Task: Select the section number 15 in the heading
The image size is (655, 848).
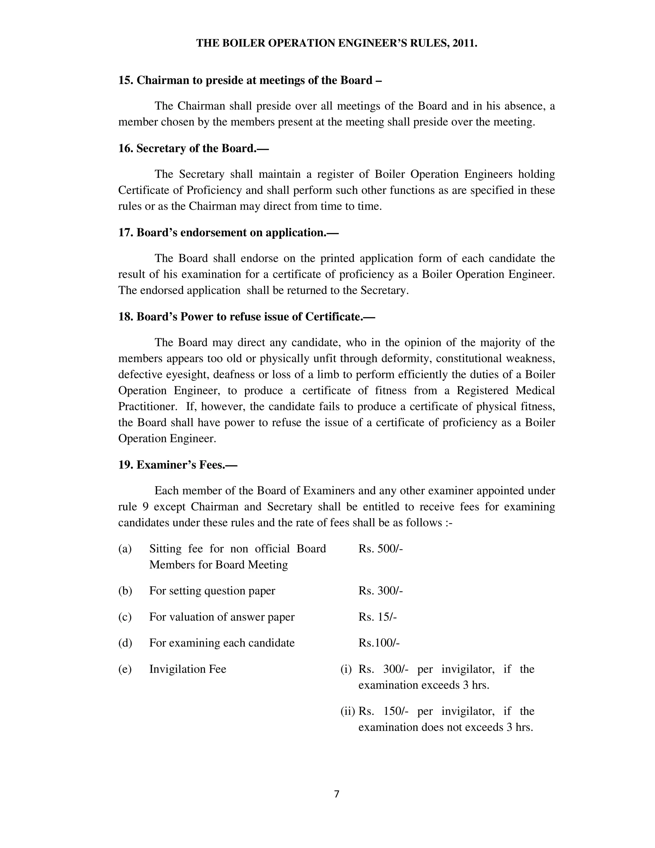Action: point(126,80)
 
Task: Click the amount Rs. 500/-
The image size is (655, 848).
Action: point(381,548)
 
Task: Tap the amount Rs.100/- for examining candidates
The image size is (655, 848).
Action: point(379,643)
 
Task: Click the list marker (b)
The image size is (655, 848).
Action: point(125,591)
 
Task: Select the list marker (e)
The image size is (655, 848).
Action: point(125,669)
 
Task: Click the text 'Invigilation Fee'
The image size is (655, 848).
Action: point(187,669)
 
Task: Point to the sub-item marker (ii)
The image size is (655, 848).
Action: point(348,711)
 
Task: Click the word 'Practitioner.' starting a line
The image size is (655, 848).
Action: point(148,406)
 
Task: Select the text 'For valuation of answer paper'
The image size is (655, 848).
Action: point(222,617)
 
